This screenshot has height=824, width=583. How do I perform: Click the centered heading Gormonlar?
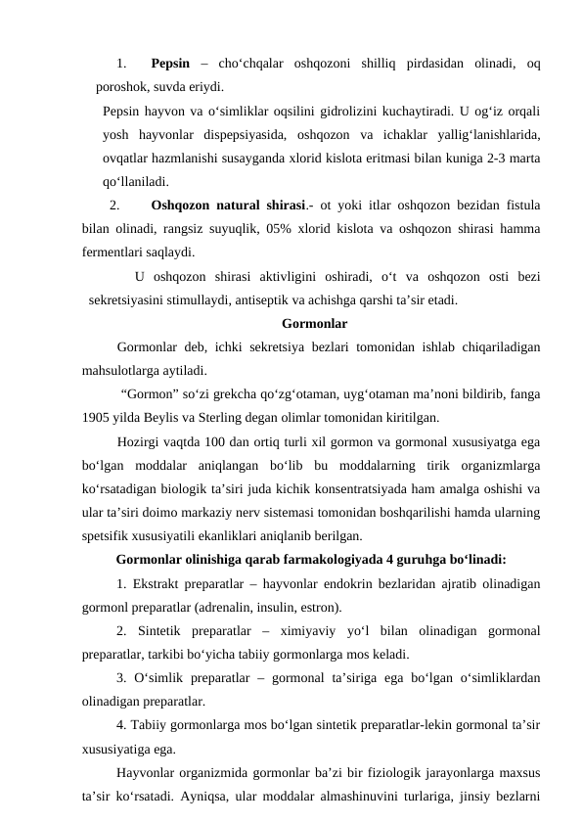coord(314,323)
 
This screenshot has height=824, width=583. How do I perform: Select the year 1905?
coord(99,417)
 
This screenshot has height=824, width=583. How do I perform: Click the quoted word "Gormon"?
coord(152,394)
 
